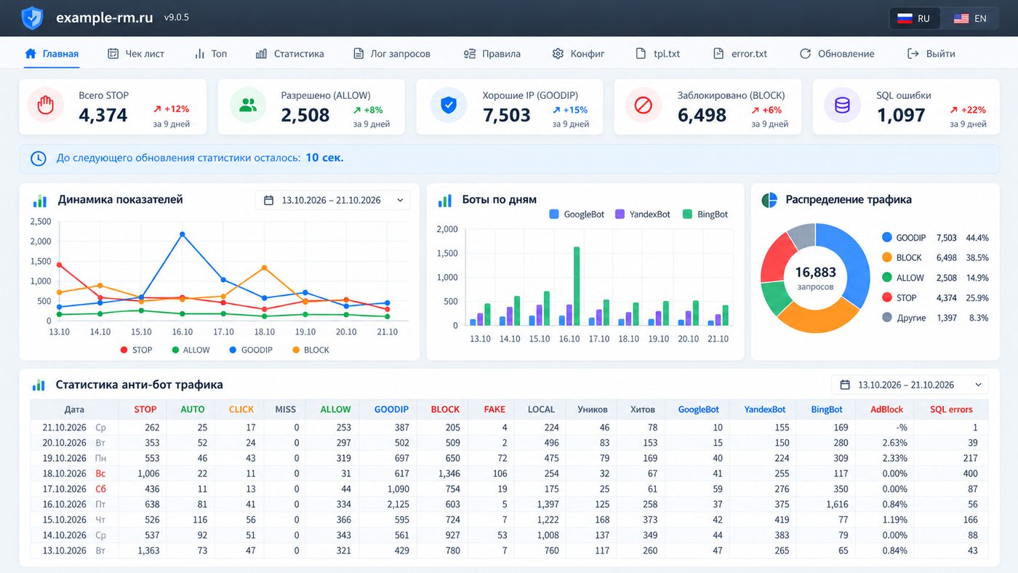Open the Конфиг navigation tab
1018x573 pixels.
[578, 54]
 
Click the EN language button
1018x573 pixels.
[970, 19]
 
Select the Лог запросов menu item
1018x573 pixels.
[391, 54]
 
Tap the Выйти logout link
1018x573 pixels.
[931, 54]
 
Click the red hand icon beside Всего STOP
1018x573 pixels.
[45, 105]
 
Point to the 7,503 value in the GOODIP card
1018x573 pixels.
[506, 116]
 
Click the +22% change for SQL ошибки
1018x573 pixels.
[968, 110]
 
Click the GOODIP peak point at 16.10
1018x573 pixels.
[183, 234]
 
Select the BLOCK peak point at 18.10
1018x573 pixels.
[265, 268]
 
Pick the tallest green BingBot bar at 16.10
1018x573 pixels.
[577, 286]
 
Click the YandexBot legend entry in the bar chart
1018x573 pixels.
[643, 214]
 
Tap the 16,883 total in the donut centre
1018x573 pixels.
[815, 272]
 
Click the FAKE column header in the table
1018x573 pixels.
[494, 409]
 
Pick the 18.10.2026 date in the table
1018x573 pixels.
[64, 473]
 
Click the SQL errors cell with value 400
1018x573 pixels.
[970, 473]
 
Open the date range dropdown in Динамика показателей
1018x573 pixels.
[332, 201]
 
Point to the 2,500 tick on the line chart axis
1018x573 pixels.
[41, 221]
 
